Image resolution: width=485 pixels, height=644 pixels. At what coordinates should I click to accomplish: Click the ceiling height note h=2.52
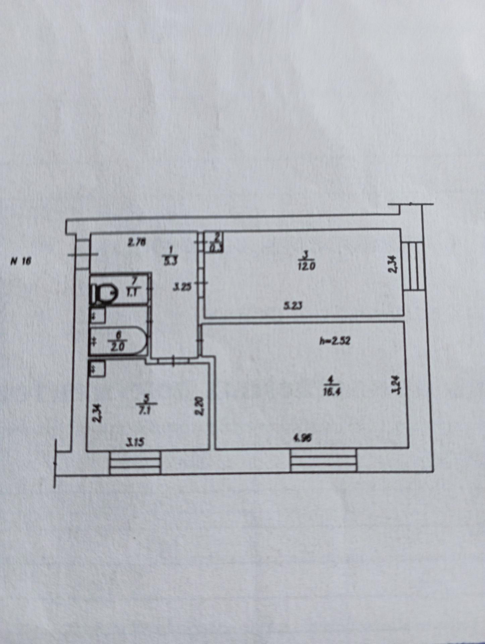[x=334, y=341]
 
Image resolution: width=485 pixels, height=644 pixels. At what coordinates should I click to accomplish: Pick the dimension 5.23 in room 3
[x=293, y=306]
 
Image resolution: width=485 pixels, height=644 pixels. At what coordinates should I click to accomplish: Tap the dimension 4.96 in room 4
[x=302, y=439]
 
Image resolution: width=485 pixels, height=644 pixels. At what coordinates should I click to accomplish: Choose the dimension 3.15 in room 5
[x=135, y=442]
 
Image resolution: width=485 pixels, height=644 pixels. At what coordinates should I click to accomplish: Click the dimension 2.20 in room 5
[x=200, y=406]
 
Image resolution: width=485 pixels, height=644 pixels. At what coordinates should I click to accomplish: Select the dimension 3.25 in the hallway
[x=183, y=287]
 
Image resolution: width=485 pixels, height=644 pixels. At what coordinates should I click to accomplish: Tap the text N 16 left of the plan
[x=21, y=261]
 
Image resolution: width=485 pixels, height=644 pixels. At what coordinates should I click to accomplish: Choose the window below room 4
[x=323, y=462]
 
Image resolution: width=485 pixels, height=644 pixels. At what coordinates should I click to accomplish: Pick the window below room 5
[x=135, y=463]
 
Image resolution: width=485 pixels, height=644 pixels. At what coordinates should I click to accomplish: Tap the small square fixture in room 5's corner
[x=97, y=369]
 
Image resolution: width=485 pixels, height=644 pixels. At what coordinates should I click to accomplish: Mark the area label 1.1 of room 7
[x=131, y=292]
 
